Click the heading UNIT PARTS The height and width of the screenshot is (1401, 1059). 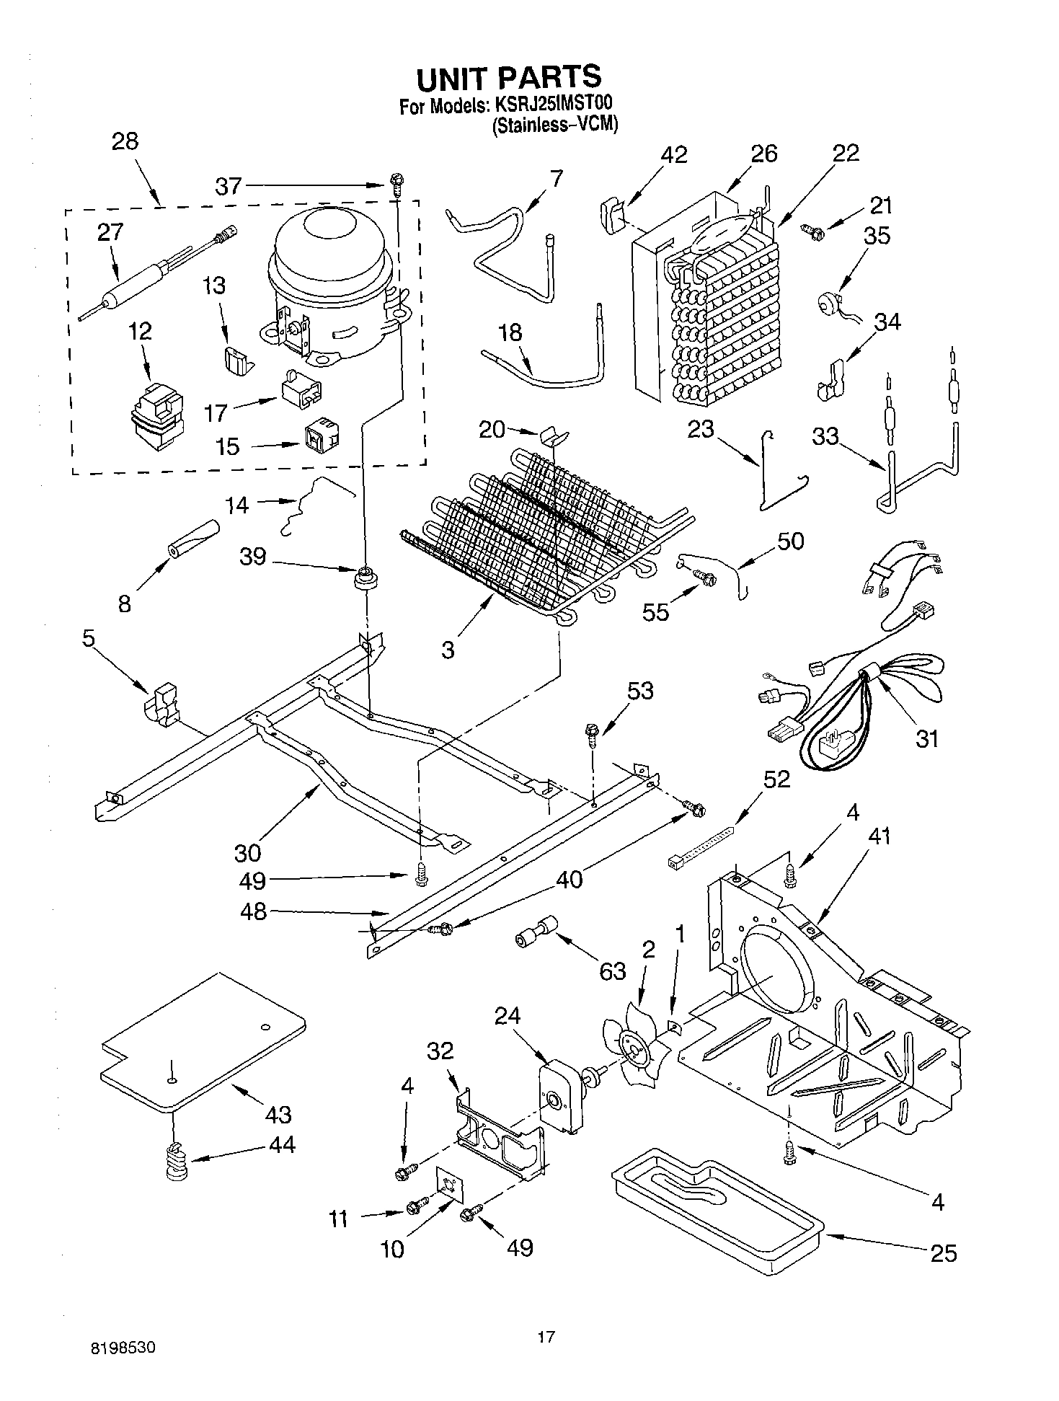coord(508,76)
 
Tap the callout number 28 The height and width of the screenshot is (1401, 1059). coord(125,141)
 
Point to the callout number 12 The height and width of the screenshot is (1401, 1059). coord(141,332)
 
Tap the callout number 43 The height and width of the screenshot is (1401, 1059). coord(279,1114)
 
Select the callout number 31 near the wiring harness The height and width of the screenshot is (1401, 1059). coord(927,738)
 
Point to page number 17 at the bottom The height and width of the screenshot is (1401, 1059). coord(546,1338)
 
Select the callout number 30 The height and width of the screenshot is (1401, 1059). coord(247,852)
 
